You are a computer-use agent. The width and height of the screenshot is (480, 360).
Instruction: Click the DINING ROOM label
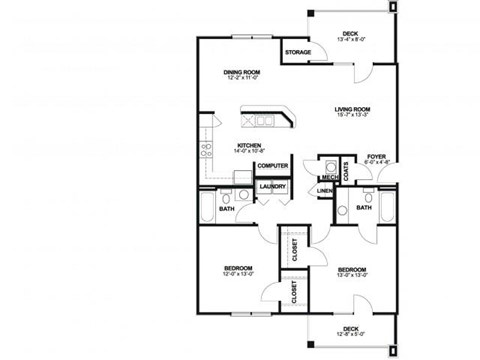[x=242, y=72]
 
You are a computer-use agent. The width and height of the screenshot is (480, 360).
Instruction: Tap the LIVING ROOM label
[x=352, y=109]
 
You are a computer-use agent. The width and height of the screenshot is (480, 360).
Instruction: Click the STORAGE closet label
[x=297, y=52]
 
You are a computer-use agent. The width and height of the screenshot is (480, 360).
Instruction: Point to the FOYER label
[x=376, y=157]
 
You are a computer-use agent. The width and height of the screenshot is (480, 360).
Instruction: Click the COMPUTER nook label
[x=272, y=166]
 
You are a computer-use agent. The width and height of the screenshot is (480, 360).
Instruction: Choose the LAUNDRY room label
[x=272, y=186]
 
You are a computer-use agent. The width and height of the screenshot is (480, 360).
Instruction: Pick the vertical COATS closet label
[x=346, y=170]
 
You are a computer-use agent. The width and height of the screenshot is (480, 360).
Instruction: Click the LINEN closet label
[x=325, y=190]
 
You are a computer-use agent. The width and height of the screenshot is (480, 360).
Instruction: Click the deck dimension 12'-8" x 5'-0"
[x=350, y=336]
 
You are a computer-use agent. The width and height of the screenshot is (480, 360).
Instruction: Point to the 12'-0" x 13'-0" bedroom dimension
[x=237, y=275]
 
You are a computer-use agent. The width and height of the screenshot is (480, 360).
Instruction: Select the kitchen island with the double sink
[x=266, y=121]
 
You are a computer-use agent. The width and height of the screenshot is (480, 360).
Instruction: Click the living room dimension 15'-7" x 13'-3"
[x=352, y=116]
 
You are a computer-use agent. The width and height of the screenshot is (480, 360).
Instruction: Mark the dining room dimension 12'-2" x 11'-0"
[x=242, y=79]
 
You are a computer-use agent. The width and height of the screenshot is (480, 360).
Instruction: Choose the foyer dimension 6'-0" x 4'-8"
[x=376, y=164]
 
